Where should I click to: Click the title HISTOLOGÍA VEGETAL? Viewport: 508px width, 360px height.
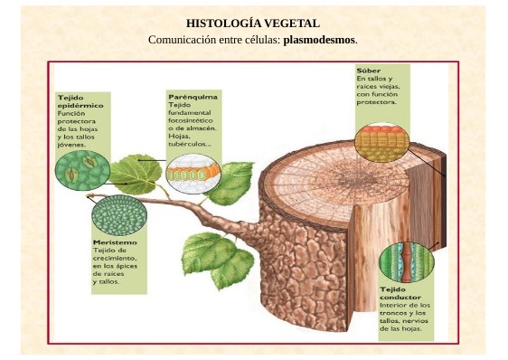(x=253, y=24)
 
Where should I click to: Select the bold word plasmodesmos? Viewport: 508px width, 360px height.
(x=320, y=40)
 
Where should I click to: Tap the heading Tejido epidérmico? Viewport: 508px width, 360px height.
(x=80, y=99)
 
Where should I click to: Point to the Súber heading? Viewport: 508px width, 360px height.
(x=368, y=70)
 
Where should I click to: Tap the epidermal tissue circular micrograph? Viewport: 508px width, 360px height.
(x=81, y=171)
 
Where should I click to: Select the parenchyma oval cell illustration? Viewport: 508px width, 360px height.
(x=191, y=169)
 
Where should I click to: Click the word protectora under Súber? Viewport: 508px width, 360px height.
(x=376, y=102)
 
